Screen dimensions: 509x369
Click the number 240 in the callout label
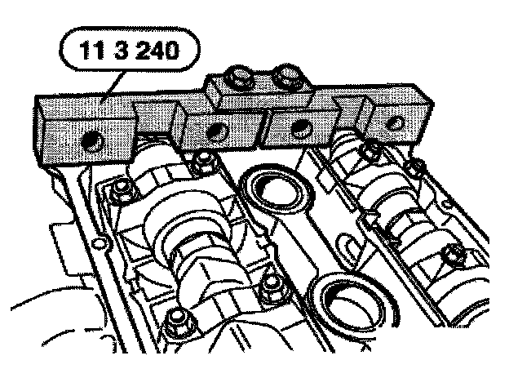pyautogui.click(x=157, y=51)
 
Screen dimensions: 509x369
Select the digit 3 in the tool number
pyautogui.click(x=122, y=51)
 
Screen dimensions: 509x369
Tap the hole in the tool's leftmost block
pyautogui.click(x=93, y=142)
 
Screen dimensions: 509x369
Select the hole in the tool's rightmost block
pyautogui.click(x=396, y=123)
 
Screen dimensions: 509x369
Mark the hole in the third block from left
pyautogui.click(x=302, y=129)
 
